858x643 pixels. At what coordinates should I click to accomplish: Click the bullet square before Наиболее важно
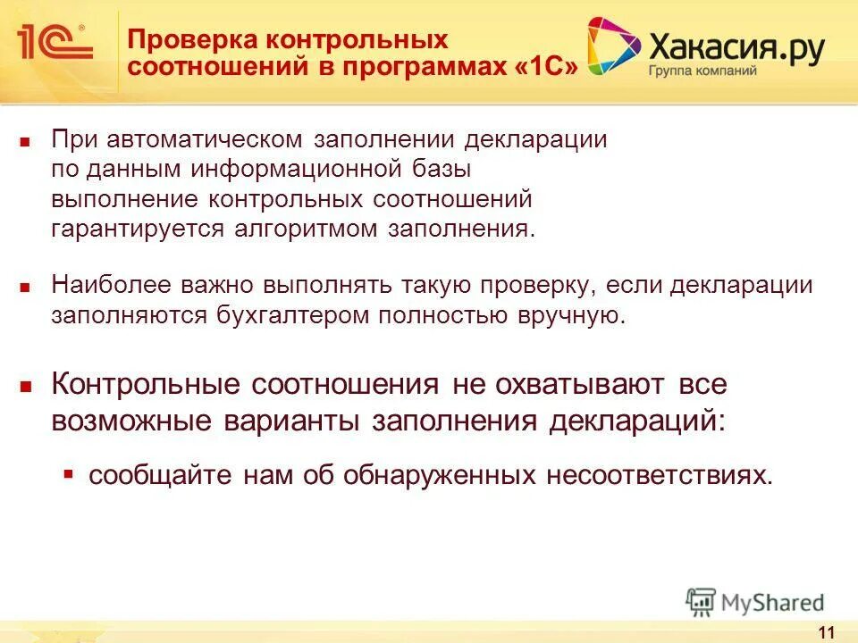(x=26, y=288)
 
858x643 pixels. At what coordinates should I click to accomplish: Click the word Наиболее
(x=103, y=286)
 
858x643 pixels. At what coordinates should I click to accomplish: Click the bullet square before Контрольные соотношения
(x=26, y=388)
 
